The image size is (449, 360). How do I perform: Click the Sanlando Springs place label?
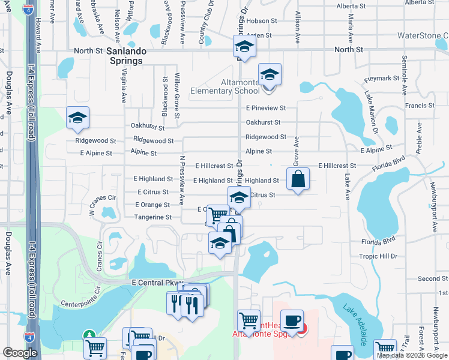pyautogui.click(x=124, y=56)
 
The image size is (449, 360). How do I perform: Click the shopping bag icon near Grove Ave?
pyautogui.click(x=298, y=179)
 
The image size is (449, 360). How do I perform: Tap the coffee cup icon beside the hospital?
pyautogui.click(x=292, y=320)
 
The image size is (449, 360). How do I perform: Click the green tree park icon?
pyautogui.click(x=89, y=335)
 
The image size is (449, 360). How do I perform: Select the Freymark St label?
pyautogui.click(x=382, y=79)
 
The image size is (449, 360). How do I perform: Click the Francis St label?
pyautogui.click(x=420, y=106)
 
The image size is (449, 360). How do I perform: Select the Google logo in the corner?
pyautogui.click(x=20, y=353)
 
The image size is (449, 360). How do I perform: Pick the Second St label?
pyautogui.click(x=429, y=279)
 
